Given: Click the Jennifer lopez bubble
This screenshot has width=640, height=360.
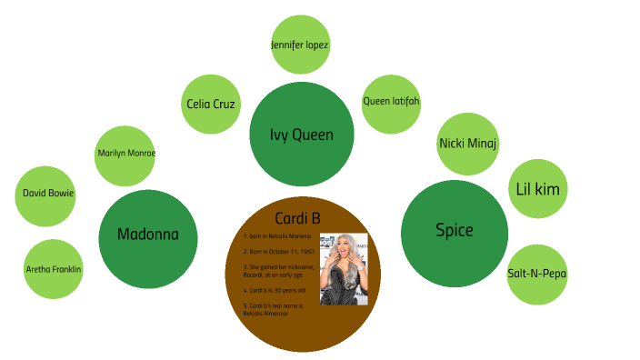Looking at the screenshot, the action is [x=300, y=45].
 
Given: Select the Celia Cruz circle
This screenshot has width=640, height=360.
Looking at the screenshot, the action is [x=211, y=104].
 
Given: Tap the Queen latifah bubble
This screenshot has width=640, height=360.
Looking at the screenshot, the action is [x=391, y=102].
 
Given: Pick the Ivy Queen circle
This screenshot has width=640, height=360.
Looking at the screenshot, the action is [x=302, y=135].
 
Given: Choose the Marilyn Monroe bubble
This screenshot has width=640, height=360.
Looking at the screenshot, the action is [x=125, y=154].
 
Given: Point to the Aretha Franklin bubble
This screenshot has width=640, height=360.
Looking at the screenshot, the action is [x=53, y=269].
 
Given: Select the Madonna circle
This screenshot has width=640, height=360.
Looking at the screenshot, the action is [x=148, y=235].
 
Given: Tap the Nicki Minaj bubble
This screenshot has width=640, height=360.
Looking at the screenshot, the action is [x=467, y=144].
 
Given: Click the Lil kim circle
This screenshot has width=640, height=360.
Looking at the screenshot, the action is [x=537, y=189].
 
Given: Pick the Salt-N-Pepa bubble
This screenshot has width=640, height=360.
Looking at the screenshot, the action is [x=536, y=273].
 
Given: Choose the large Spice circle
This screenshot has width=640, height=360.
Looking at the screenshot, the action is [x=454, y=231].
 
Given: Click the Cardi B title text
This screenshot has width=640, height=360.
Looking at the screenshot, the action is [x=301, y=217].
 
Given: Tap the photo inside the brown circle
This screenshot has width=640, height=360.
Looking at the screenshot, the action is [x=344, y=268].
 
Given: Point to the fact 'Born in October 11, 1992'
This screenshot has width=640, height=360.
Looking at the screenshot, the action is [x=279, y=250].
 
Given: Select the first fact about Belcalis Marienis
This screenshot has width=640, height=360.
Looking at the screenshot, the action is [x=277, y=235].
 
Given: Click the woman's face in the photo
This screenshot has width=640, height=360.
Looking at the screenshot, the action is [x=342, y=246].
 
